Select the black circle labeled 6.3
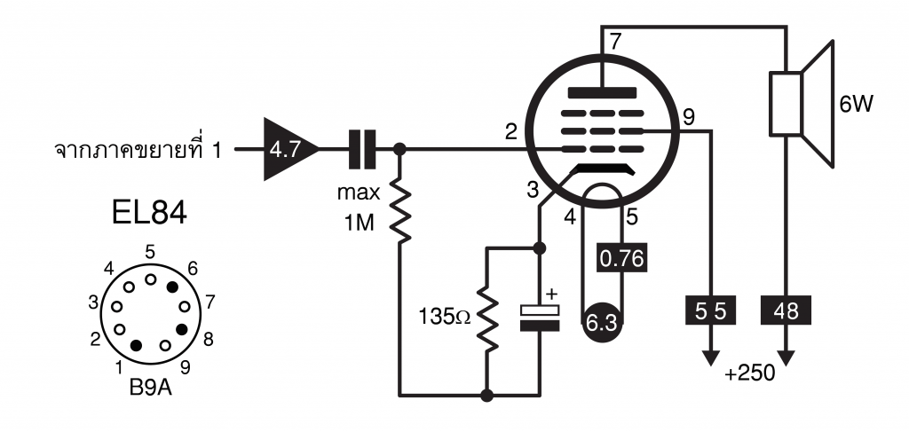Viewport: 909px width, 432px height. (602, 322)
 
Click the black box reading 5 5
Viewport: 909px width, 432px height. (711, 311)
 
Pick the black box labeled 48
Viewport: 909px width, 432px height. (786, 311)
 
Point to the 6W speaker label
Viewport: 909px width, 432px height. (856, 105)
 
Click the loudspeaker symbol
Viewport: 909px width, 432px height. (802, 105)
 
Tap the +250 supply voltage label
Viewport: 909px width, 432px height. (749, 373)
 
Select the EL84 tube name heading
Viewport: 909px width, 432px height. (149, 213)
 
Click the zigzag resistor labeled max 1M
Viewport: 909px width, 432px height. (399, 211)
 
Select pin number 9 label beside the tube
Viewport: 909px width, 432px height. (689, 118)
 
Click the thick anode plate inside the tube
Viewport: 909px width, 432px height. (603, 92)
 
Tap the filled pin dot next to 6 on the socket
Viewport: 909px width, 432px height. (172, 286)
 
